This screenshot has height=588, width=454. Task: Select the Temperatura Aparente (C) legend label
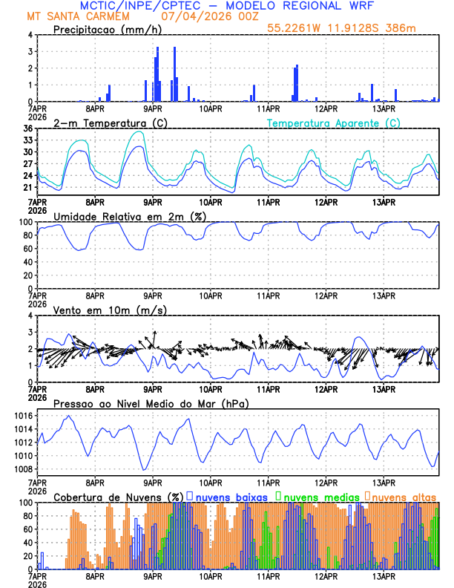coord(334,122)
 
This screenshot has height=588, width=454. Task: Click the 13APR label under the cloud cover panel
coord(384,575)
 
